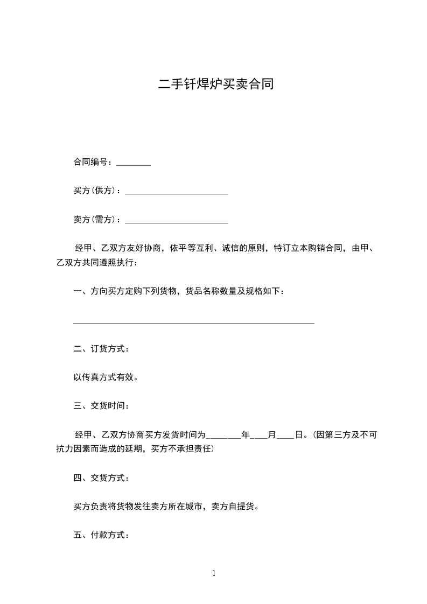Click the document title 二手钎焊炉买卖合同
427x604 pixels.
point(215,85)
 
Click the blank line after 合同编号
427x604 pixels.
point(133,163)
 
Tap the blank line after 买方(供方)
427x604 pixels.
point(176,192)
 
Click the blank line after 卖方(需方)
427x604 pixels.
point(176,221)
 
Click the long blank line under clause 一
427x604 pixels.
point(193,322)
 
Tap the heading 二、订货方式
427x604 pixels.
point(101,349)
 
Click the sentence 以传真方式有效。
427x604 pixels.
point(106,377)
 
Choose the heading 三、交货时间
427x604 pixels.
point(101,405)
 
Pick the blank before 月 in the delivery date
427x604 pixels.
point(260,436)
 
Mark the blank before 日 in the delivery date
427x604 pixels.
point(285,436)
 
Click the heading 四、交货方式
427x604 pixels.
point(101,477)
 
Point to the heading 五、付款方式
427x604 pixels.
point(101,535)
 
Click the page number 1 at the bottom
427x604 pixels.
point(214,573)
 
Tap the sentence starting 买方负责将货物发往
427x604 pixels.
point(166,507)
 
